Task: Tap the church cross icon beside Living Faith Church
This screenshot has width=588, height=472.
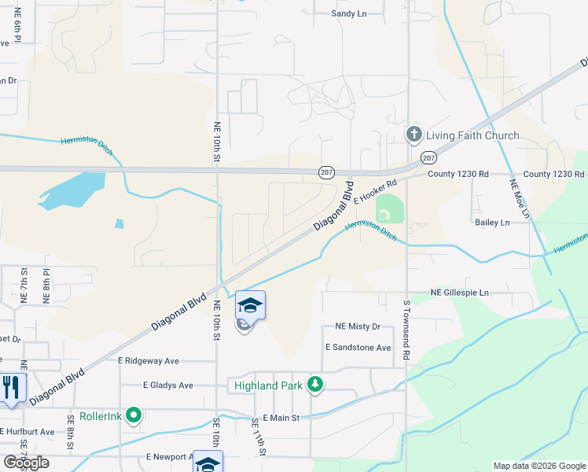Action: (x=413, y=135)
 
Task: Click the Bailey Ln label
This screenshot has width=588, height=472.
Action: (x=492, y=223)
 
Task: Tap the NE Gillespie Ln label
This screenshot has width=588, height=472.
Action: (x=459, y=293)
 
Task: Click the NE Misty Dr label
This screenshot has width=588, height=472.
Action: (x=358, y=326)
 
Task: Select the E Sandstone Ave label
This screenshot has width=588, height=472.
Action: (x=358, y=347)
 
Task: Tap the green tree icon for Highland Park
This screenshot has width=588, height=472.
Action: (x=315, y=384)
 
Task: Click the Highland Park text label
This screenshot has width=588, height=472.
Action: (x=267, y=385)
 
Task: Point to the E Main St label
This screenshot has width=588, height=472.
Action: (x=281, y=417)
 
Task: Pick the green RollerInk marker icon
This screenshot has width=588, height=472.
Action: (x=134, y=415)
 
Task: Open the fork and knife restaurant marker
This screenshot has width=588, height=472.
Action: (x=11, y=388)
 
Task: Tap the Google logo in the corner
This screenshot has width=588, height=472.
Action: (x=26, y=463)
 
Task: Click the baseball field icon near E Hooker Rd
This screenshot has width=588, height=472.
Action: (x=384, y=214)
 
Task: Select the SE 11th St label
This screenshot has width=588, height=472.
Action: (x=259, y=437)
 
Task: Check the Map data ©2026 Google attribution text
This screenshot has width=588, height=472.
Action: (x=538, y=466)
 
